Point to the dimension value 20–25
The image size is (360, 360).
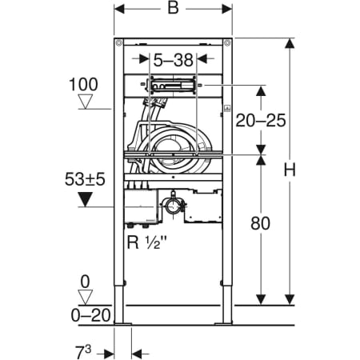[x=261, y=120]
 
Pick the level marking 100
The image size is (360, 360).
[x=83, y=82]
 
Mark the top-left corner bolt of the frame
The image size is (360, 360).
[x=119, y=42]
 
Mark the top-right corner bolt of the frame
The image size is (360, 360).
[x=227, y=42]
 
